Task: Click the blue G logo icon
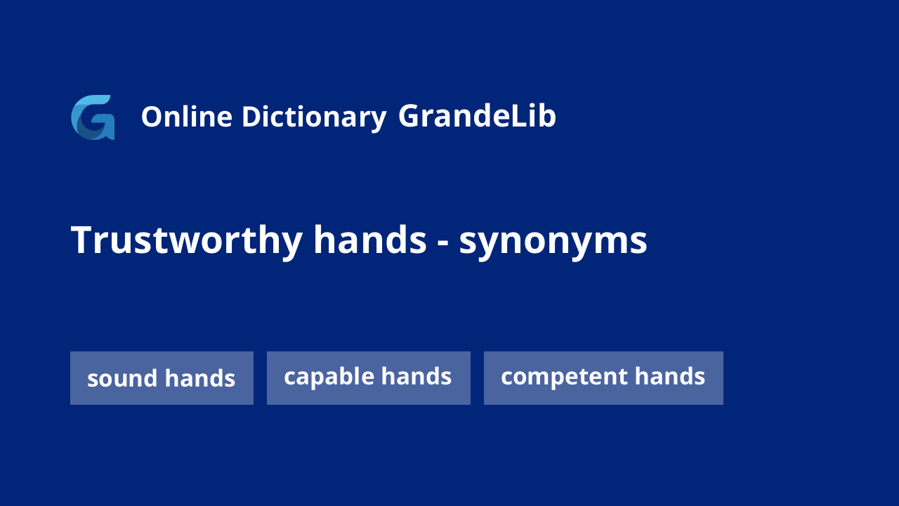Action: tap(93, 117)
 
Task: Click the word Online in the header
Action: tap(187, 117)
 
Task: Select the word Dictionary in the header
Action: tap(314, 117)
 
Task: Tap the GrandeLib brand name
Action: tap(477, 116)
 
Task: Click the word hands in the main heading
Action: tap(369, 240)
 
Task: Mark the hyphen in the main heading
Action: tap(442, 243)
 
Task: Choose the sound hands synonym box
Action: tap(162, 378)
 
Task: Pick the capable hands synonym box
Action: tap(369, 378)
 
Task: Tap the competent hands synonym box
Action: tap(603, 378)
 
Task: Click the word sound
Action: tap(122, 378)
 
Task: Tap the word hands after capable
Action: tap(416, 376)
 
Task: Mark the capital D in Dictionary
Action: tap(252, 117)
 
